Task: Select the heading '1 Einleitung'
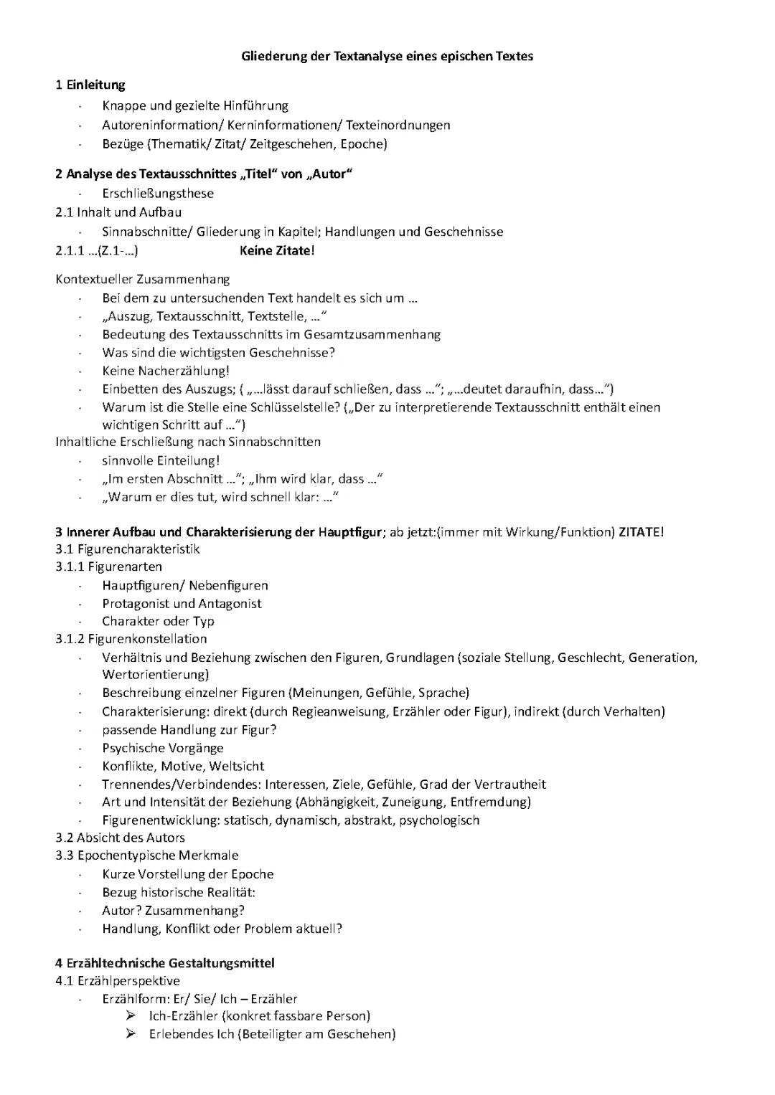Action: click(90, 85)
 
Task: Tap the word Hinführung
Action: click(255, 105)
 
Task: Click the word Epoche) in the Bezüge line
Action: click(364, 143)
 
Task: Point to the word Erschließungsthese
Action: click(158, 193)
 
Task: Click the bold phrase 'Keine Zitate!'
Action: click(277, 250)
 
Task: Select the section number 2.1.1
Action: click(70, 250)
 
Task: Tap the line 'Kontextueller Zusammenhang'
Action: click(142, 279)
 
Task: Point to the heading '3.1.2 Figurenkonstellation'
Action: click(131, 638)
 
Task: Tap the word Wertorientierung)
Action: click(156, 674)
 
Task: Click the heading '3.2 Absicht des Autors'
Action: click(120, 838)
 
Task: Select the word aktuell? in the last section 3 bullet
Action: click(319, 929)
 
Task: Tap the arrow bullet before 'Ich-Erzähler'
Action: click(131, 1015)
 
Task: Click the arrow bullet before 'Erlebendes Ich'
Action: click(131, 1033)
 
